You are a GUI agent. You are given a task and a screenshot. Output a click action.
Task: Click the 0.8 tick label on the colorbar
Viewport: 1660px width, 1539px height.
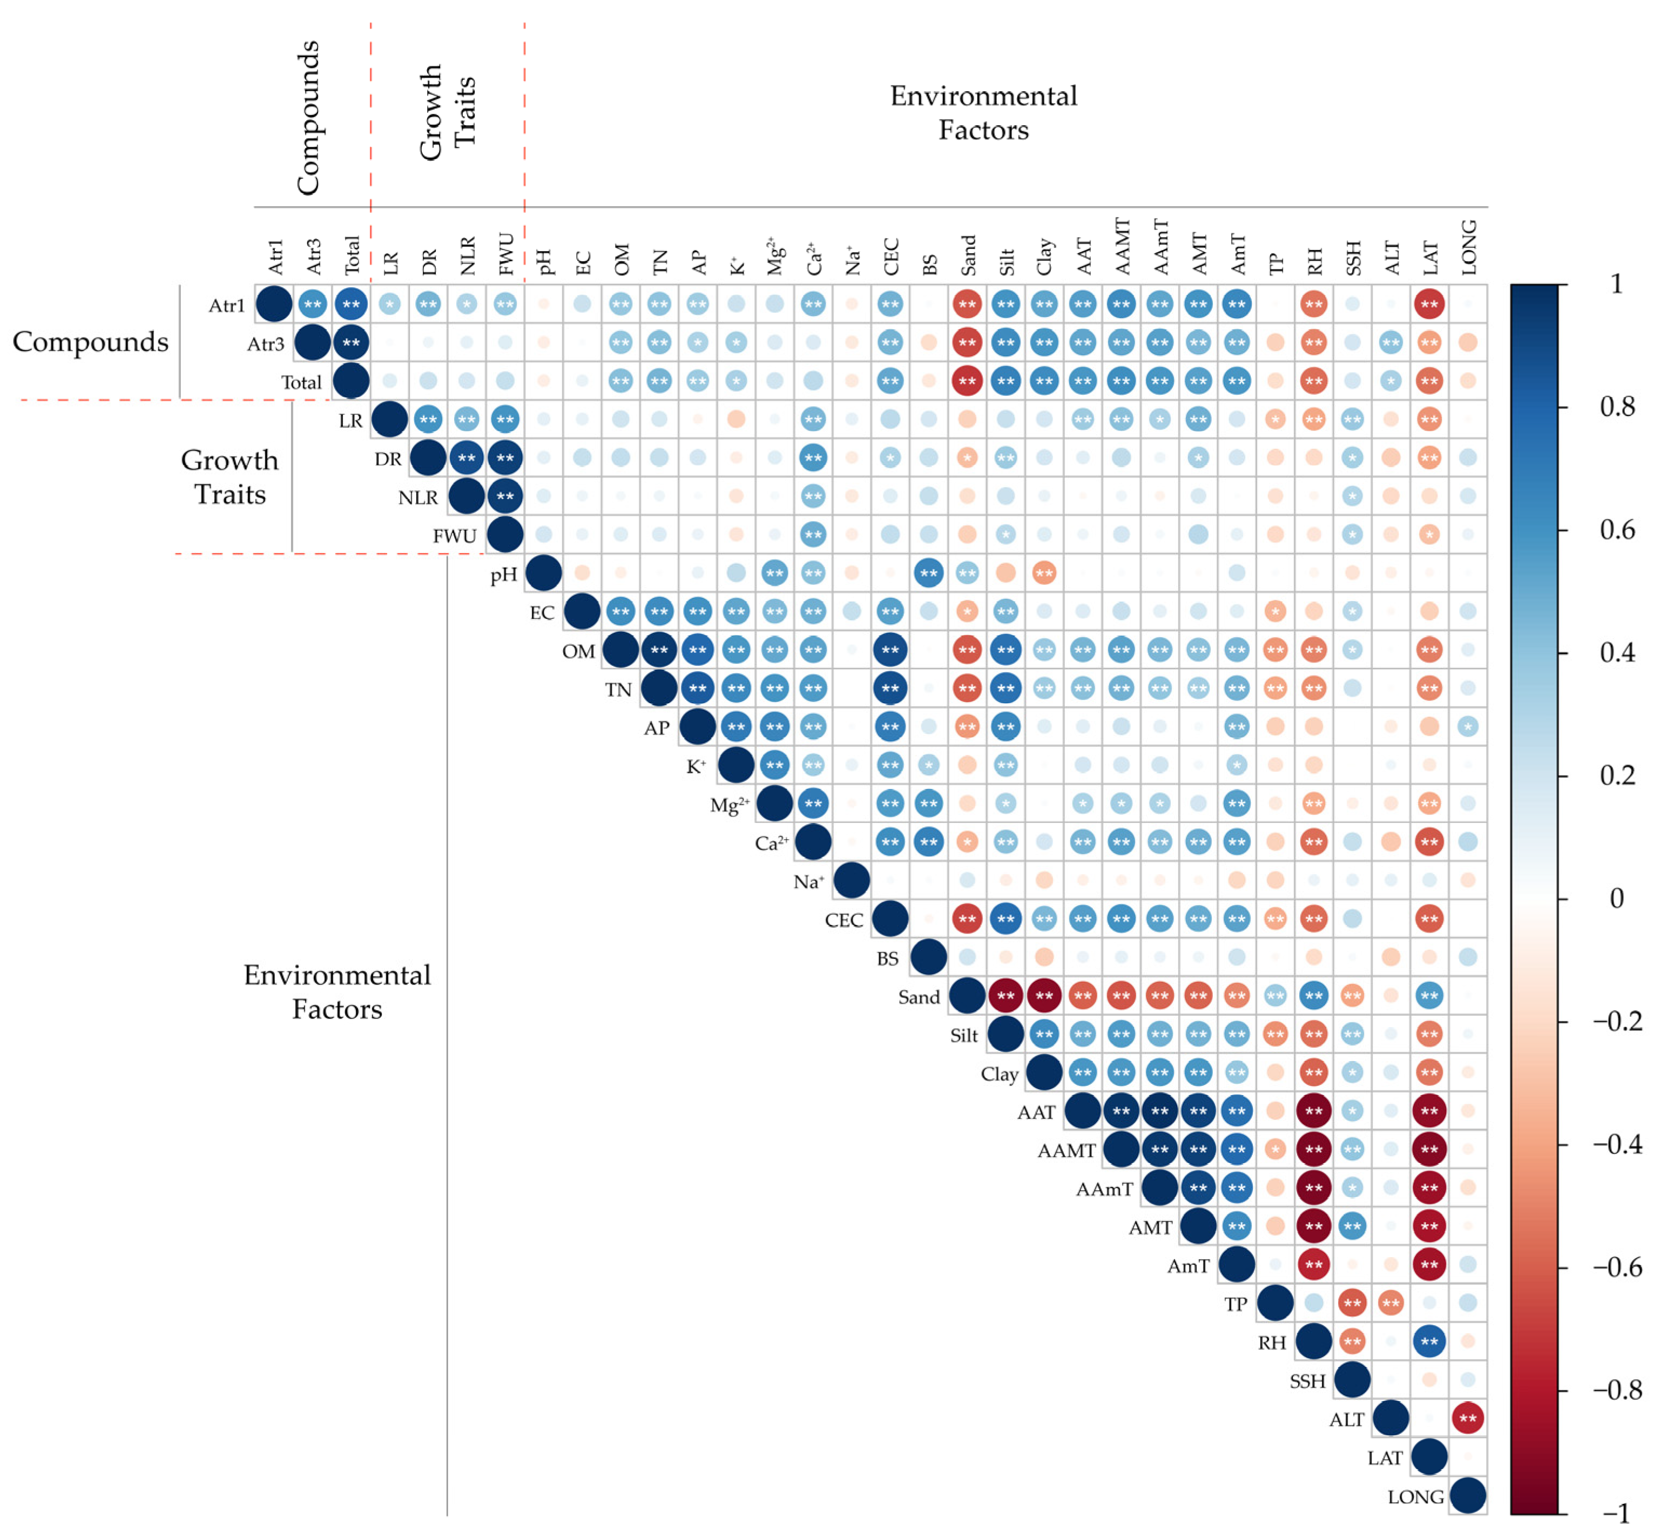[x=1616, y=407]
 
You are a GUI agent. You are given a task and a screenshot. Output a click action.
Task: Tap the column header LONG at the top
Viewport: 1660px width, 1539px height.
[x=1468, y=247]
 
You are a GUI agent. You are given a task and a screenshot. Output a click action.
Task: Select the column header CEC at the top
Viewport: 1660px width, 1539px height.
[x=890, y=256]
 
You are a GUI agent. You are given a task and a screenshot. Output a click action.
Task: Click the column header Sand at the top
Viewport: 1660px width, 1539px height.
[x=967, y=255]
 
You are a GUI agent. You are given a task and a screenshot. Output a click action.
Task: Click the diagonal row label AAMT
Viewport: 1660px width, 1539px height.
[x=1065, y=1151]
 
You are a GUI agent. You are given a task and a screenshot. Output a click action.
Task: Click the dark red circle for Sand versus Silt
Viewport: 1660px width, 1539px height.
[x=1006, y=995]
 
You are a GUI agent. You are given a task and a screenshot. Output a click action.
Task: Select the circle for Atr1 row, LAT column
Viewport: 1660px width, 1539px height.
[x=1429, y=304]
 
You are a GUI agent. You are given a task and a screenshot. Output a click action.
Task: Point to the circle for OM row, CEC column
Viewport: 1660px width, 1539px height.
[x=890, y=650]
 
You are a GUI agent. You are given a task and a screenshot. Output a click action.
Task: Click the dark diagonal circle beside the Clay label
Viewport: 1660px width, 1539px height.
[x=1044, y=1072]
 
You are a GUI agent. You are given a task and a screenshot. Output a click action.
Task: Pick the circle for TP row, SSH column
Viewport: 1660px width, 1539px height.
[x=1352, y=1304]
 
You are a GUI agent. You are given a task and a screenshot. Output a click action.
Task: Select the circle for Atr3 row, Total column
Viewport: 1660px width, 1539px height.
[x=350, y=342]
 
